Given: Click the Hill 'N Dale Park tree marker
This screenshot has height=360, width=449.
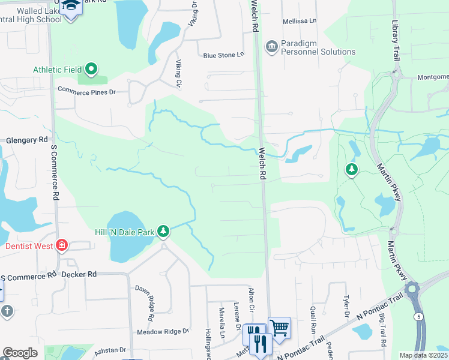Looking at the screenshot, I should [x=163, y=232].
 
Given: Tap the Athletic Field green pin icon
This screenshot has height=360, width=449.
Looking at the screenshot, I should [x=91, y=70].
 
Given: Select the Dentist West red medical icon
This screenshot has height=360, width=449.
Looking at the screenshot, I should [x=61, y=245].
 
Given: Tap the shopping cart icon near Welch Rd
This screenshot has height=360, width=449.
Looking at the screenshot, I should [x=279, y=327].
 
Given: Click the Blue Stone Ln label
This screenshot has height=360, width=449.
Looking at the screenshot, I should [x=224, y=55].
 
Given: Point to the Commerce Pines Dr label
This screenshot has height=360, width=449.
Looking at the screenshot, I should [x=86, y=92].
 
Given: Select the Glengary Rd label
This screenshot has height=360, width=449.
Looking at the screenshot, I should [x=26, y=140].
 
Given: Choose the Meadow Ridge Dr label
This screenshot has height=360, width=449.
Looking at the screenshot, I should [x=163, y=331].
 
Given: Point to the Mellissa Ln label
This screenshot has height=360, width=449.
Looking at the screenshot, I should [x=300, y=21].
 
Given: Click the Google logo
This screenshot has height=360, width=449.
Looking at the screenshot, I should [x=20, y=353].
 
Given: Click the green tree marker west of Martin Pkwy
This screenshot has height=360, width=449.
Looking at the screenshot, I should [x=351, y=170].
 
